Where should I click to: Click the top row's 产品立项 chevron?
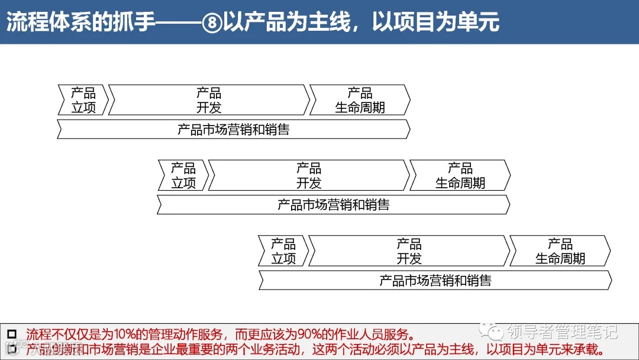[x=83, y=100]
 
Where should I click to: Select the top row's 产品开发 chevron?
[x=209, y=100]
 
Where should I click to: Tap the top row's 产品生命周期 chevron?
[x=360, y=100]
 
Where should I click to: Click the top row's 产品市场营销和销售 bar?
[x=234, y=129]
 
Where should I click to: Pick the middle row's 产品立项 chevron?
[x=183, y=175]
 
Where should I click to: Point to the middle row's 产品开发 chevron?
[x=309, y=175]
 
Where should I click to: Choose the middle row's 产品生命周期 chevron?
[x=460, y=175]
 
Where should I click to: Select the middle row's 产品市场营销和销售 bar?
[x=334, y=205]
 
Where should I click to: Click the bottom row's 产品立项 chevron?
[x=283, y=251]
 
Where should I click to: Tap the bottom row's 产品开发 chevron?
[x=409, y=251]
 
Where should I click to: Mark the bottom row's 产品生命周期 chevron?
[x=560, y=251]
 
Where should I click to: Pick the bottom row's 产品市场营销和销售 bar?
[x=435, y=280]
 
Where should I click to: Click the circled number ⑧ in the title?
[x=211, y=22]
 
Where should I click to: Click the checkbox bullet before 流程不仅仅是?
[x=12, y=333]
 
